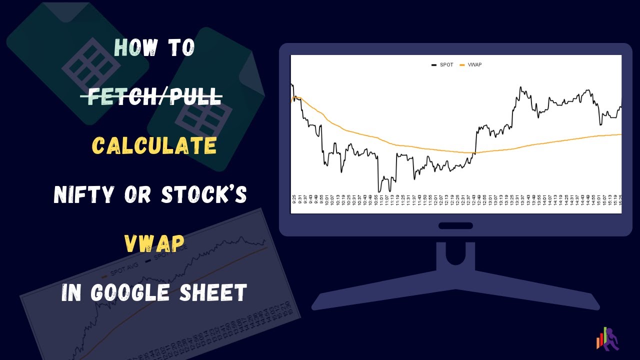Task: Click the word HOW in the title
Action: point(135,48)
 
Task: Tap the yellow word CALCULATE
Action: point(154,145)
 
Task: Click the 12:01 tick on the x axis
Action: point(435,199)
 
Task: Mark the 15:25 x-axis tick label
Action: point(619,199)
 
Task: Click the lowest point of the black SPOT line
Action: point(379,191)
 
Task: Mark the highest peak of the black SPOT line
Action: point(520,87)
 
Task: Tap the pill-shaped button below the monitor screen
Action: point(455,225)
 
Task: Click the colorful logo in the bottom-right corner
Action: point(607,339)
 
